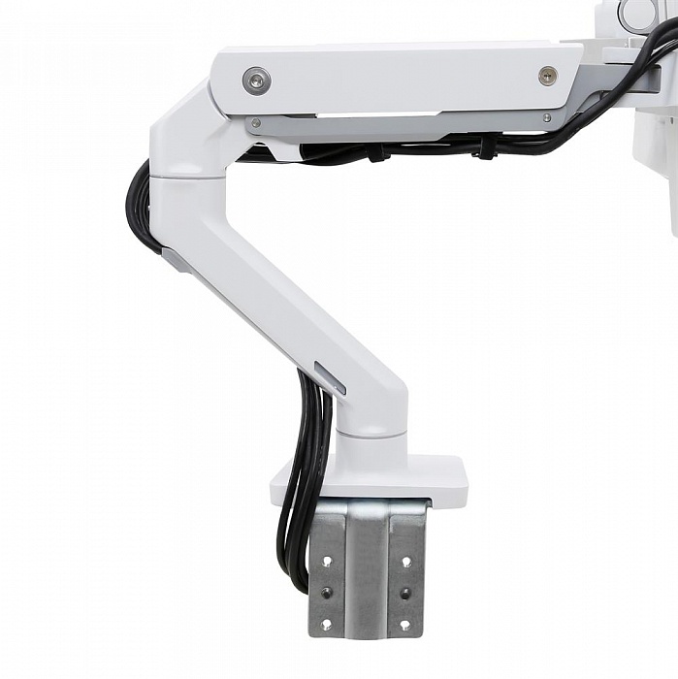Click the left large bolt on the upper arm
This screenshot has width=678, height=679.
pyautogui.click(x=257, y=80)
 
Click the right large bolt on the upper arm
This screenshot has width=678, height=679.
pyautogui.click(x=548, y=76)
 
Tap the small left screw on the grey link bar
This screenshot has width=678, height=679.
pyautogui.click(x=254, y=123)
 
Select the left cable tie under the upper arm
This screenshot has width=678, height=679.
pyautogui.click(x=384, y=152)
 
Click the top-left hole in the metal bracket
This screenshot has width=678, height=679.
pyautogui.click(x=326, y=562)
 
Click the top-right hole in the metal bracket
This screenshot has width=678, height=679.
pyautogui.click(x=406, y=561)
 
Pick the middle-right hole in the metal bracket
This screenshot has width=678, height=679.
pyautogui.click(x=406, y=593)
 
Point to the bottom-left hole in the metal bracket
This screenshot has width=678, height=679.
pyautogui.click(x=326, y=624)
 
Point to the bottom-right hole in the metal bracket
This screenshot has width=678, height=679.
pyautogui.click(x=406, y=623)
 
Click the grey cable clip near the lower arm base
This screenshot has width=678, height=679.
pyautogui.click(x=330, y=377)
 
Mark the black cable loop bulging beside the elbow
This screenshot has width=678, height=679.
pyautogui.click(x=139, y=209)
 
